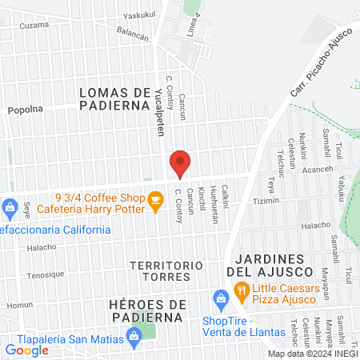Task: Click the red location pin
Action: pos(180,164)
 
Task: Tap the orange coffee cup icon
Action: pos(156,206)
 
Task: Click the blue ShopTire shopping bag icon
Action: pos(220,301)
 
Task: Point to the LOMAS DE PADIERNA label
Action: pos(116,98)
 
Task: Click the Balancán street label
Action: pos(133,34)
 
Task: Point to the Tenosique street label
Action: pos(45,274)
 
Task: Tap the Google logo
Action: pos(26,350)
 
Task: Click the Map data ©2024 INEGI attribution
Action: pos(312,354)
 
